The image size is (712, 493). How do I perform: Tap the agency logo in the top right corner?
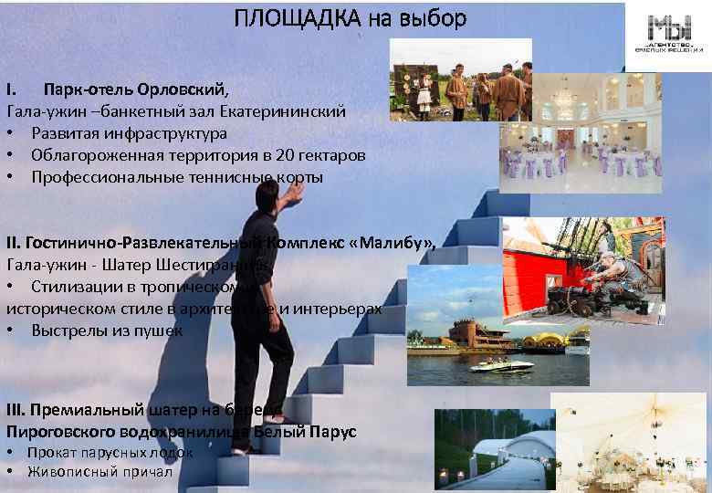click(670, 37)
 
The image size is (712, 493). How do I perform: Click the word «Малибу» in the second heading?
click(395, 243)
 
